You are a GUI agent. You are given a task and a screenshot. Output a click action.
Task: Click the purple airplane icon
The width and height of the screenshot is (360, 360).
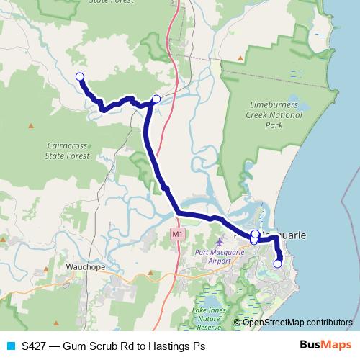point(219,240)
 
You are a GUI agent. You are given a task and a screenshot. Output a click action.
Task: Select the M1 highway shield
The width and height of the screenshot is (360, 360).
point(177,234)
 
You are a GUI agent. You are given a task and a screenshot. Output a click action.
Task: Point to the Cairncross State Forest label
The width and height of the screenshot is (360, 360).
point(67,149)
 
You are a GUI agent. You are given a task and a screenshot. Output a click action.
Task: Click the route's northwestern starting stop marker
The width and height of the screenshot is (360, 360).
point(80,76)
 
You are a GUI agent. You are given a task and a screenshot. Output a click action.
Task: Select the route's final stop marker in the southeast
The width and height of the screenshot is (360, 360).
point(278,264)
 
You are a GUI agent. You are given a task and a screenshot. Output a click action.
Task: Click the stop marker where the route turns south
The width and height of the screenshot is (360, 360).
point(156,99)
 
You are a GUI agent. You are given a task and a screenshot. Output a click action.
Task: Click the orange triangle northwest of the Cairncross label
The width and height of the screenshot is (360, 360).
point(31,126)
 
